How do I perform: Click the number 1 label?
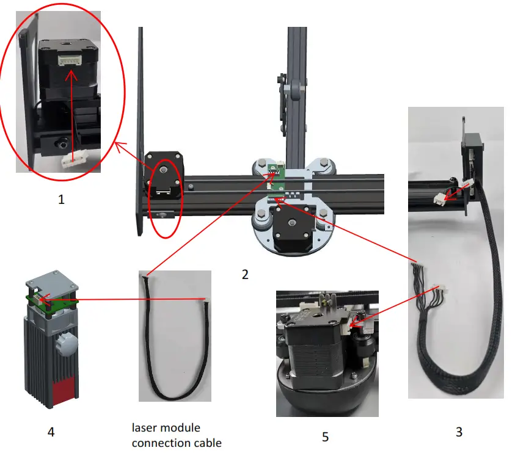[60, 198]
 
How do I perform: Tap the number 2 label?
[245, 274]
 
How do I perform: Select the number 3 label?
[459, 432]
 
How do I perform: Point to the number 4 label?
[51, 432]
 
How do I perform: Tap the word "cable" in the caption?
[205, 443]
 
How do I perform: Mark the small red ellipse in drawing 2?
[164, 198]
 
